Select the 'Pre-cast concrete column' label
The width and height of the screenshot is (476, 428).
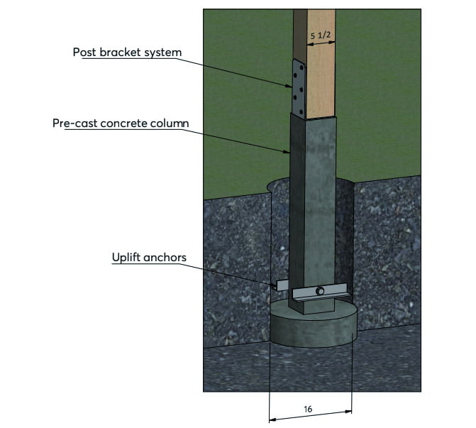click(x=121, y=123)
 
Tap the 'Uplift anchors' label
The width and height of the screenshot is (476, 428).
click(x=148, y=257)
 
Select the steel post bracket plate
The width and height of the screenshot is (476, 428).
click(x=298, y=86)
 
